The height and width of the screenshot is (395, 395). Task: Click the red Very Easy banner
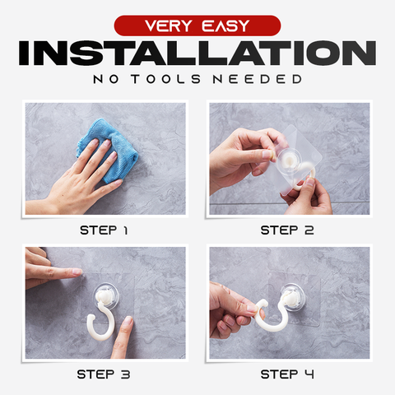(197, 26)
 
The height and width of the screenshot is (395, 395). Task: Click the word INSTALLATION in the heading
(197, 53)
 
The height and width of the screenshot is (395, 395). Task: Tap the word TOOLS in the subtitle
(166, 79)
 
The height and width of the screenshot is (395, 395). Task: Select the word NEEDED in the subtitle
(258, 79)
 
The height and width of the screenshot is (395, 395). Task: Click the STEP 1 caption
(104, 230)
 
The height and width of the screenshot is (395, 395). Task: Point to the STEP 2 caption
(287, 230)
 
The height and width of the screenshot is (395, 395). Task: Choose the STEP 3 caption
(104, 374)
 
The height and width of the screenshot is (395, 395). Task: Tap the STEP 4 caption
(287, 374)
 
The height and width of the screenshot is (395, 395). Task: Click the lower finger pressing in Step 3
(123, 337)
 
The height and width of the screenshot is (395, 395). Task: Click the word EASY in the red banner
(225, 26)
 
